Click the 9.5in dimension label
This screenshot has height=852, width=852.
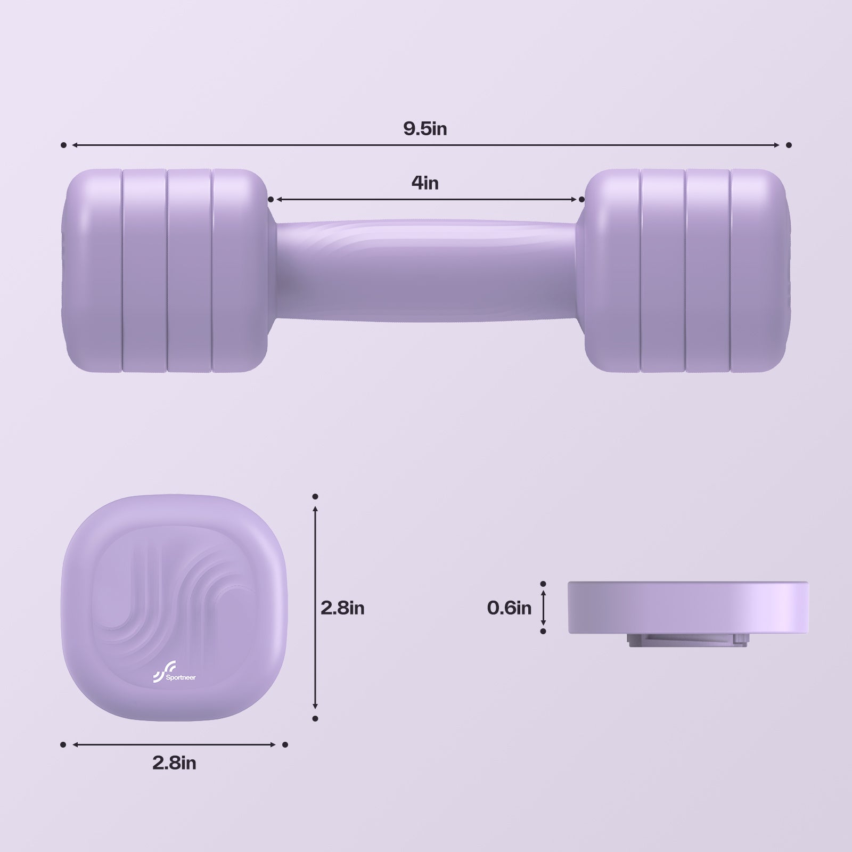click(x=425, y=129)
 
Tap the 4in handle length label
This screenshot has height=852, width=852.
click(x=425, y=183)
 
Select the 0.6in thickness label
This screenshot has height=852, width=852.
click(x=509, y=608)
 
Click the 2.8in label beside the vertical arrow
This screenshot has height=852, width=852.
click(x=342, y=608)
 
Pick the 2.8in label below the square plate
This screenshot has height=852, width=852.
click(x=174, y=763)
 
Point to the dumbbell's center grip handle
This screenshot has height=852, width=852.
click(x=426, y=270)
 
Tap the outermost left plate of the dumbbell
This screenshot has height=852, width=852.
click(x=93, y=270)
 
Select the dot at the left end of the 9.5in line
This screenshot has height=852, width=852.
click(x=63, y=145)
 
